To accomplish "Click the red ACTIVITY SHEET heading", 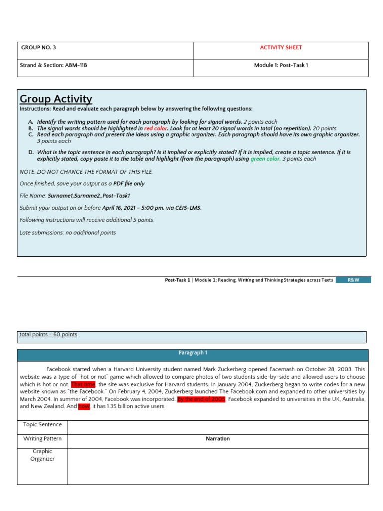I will point(281,48).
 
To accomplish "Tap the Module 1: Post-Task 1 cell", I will point(281,65).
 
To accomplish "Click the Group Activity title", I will point(56,99).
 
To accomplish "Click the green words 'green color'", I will point(265,159).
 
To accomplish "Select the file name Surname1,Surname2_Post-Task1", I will point(89,196).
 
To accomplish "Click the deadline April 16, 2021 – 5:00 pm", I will point(134,208).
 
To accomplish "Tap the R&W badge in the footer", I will point(353,280).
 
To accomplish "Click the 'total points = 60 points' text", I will point(48,334).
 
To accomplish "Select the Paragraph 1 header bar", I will point(192,353).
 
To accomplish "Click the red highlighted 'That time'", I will point(83,385).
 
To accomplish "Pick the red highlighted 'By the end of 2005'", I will point(201,399).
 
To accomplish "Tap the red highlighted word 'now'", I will point(84,407).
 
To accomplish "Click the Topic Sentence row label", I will point(43,425).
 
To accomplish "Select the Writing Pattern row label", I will point(43,439).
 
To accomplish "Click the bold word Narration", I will point(218,439).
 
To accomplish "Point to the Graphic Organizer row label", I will point(43,455).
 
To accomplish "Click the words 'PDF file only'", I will point(129,184).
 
